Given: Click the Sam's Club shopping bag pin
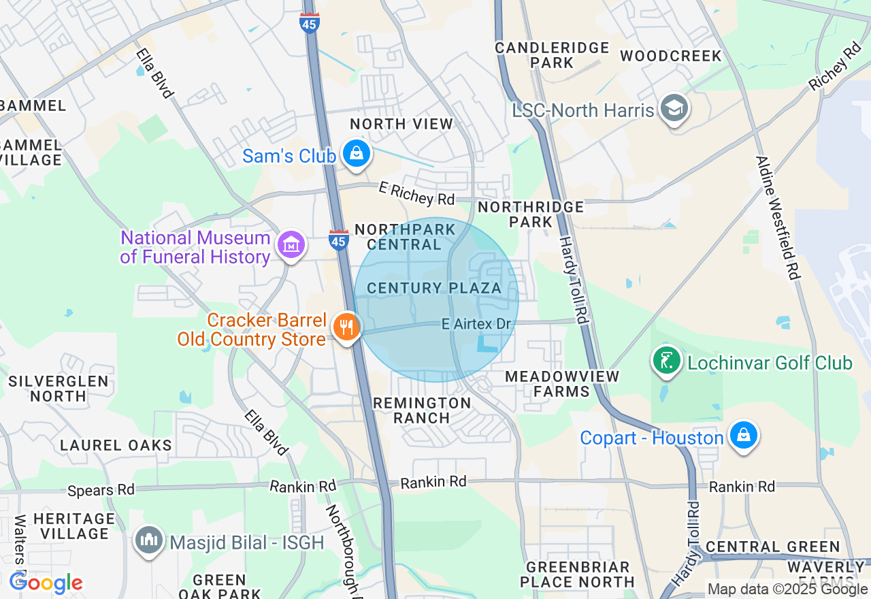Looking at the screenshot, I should pos(356,155).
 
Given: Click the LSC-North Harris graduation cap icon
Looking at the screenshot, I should pos(674,108).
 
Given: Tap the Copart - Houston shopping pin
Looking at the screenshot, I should pos(743,435).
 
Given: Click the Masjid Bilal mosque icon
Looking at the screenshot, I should pos(149,540).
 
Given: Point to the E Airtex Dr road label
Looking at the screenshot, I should pos(476,324).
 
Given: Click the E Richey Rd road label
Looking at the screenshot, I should pos(416,194).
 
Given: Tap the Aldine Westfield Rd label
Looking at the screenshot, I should pos(776,218).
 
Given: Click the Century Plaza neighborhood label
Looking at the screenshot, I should pos(434,288).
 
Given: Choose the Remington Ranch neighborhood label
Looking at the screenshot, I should pos(422,410).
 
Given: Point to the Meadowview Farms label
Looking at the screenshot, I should pos(562,384).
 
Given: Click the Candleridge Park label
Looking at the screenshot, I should pos(552,55).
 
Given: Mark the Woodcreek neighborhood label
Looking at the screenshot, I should pos(670,56).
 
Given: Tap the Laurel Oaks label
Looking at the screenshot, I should pos(116,445).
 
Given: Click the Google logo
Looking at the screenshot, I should pos(46,583).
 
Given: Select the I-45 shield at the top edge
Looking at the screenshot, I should pos(310,23).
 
